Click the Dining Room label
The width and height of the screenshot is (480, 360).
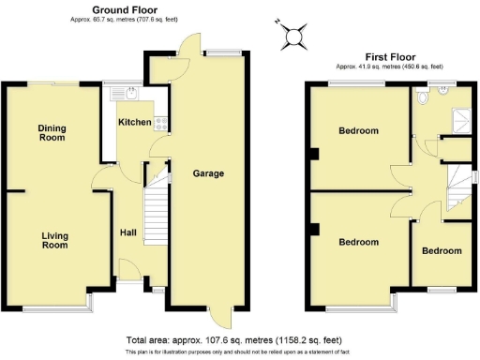[52, 132]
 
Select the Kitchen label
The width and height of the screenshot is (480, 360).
[135, 123]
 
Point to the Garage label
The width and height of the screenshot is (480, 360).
[207, 173]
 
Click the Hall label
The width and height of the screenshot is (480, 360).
[129, 233]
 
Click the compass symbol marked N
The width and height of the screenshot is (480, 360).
[294, 36]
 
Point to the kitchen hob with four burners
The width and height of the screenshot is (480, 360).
[161, 122]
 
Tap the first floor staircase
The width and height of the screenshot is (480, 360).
[457, 177]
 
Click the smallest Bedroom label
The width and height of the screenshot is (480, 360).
[441, 250]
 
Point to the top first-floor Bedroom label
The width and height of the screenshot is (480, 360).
[358, 131]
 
